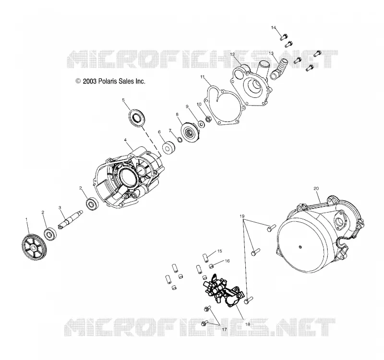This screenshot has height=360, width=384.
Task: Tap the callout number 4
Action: (125, 140)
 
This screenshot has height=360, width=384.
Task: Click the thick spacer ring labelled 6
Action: (168, 148)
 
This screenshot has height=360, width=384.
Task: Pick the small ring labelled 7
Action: (180, 140)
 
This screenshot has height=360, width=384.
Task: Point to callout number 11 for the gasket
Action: (202, 77)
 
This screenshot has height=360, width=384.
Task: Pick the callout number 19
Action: (242, 216)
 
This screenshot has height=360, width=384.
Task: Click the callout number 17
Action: (224, 330)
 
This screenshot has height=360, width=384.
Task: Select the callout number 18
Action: (248, 324)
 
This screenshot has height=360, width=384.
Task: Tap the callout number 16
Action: (227, 261)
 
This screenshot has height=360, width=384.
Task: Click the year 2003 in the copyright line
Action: (90, 81)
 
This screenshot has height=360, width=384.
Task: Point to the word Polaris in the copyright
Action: (108, 81)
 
